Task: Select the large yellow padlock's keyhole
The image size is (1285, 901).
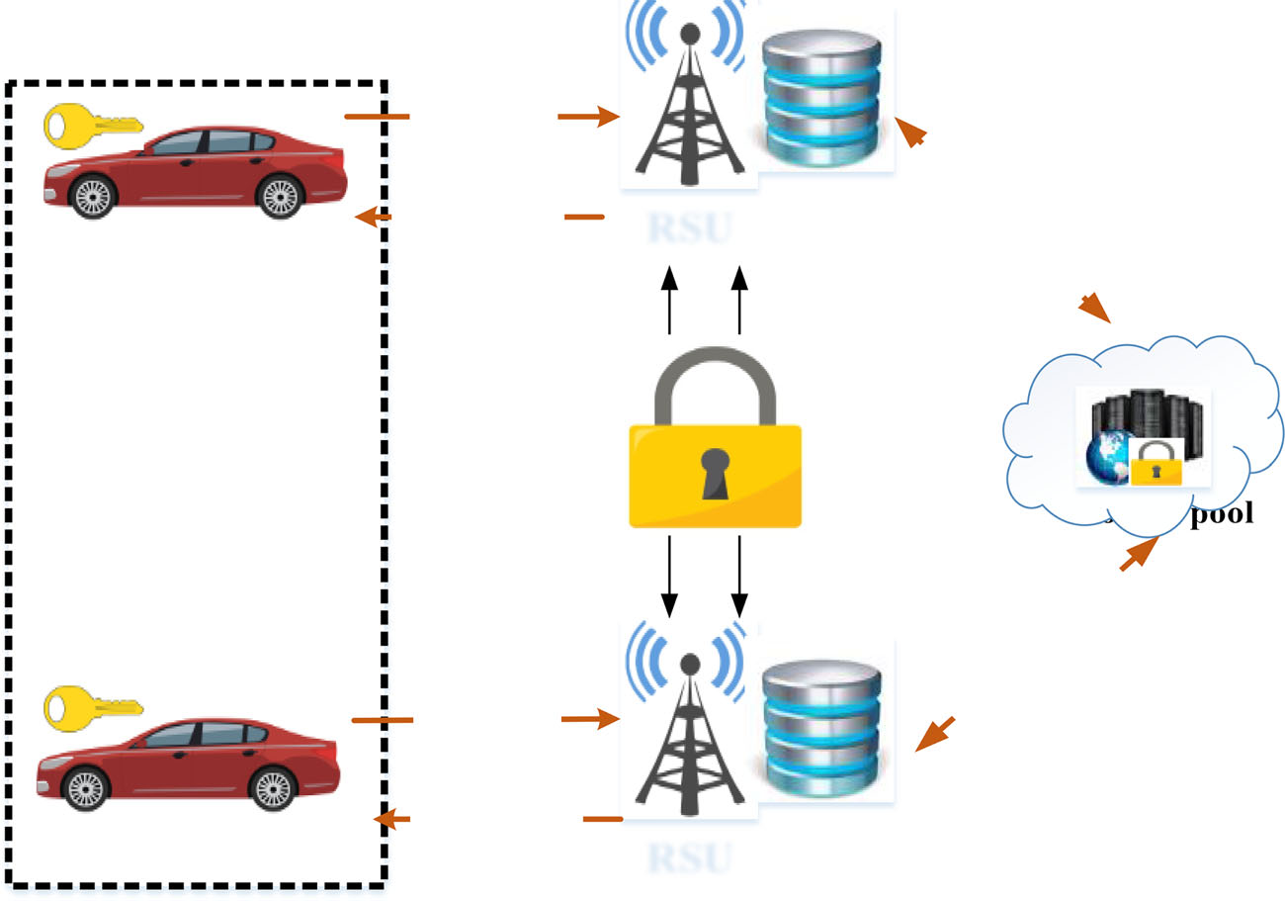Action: click(x=715, y=473)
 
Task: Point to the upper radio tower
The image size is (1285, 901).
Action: click(x=690, y=109)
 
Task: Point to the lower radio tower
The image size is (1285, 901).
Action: click(x=690, y=732)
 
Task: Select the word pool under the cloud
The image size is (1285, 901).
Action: click(x=1222, y=514)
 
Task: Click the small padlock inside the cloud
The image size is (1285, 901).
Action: click(x=1155, y=462)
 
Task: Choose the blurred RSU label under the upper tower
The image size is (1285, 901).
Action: click(x=690, y=228)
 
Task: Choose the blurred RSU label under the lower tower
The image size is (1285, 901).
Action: click(x=690, y=857)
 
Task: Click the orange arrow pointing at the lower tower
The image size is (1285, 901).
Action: click(x=590, y=719)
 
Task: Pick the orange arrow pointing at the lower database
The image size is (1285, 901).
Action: click(x=934, y=734)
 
